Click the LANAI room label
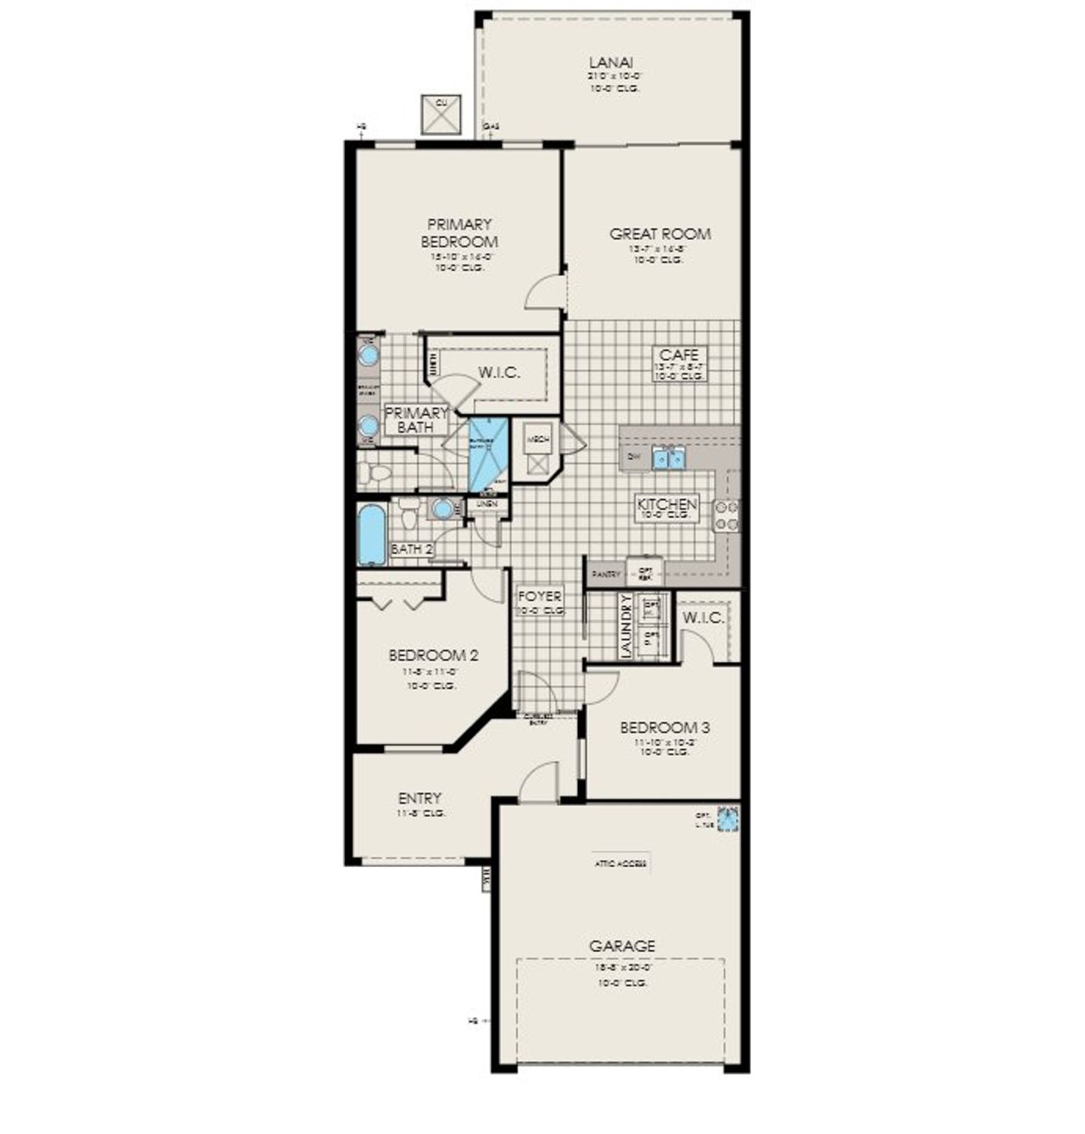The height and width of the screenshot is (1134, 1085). click(x=611, y=63)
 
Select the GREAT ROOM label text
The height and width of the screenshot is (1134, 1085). click(x=659, y=234)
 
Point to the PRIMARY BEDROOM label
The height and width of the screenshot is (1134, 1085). click(x=459, y=232)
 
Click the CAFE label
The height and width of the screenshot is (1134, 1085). click(x=678, y=355)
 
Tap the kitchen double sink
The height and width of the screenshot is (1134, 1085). click(x=669, y=459)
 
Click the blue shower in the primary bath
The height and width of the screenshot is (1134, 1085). click(x=487, y=453)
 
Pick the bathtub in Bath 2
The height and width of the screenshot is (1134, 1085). click(x=371, y=535)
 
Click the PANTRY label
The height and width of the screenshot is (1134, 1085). click(x=607, y=574)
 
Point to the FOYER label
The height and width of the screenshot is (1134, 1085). click(x=540, y=597)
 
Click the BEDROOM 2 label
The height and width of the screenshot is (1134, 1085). click(x=433, y=655)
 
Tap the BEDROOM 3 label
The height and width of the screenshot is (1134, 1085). click(x=665, y=727)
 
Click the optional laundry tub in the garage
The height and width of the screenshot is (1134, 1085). click(x=728, y=820)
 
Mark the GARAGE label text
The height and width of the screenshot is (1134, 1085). click(x=622, y=946)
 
